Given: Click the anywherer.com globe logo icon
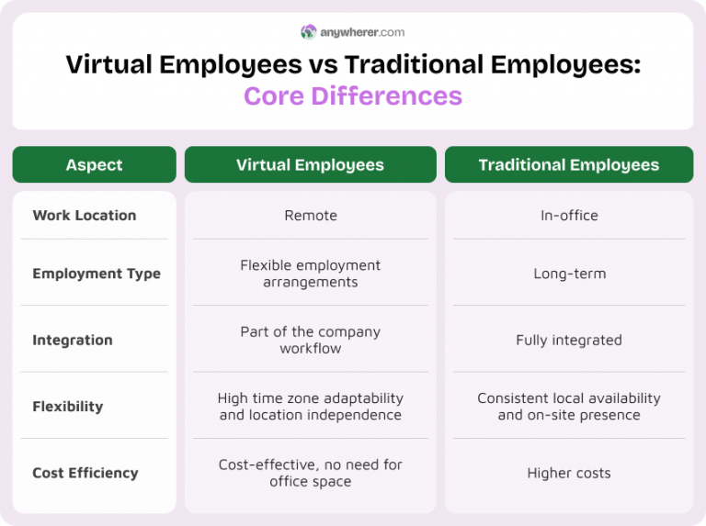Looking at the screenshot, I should pyautogui.click(x=308, y=32).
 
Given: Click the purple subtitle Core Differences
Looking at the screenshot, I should pyautogui.click(x=353, y=95).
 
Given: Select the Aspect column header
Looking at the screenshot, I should pyautogui.click(x=94, y=165).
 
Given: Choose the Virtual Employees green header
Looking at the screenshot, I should pyautogui.click(x=310, y=165).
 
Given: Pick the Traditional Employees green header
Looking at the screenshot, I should pyautogui.click(x=568, y=165).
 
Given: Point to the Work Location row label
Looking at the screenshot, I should pyautogui.click(x=85, y=216).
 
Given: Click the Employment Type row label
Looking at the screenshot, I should pyautogui.click(x=97, y=274).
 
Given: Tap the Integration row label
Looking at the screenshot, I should pyautogui.click(x=73, y=340).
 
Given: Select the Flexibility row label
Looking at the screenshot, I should pyautogui.click(x=68, y=407).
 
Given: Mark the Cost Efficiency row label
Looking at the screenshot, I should pyautogui.click(x=85, y=473).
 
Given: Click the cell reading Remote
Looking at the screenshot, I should pyautogui.click(x=311, y=216).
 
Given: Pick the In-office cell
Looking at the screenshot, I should pyautogui.click(x=569, y=216).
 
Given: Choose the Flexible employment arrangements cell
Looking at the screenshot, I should pyautogui.click(x=311, y=274).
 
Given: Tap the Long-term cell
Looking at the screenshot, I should pyautogui.click(x=569, y=274).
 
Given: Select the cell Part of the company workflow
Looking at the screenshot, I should pyautogui.click(x=311, y=340).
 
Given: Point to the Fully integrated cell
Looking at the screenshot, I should pyautogui.click(x=569, y=340).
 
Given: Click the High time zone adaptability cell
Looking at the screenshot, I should pyautogui.click(x=311, y=407).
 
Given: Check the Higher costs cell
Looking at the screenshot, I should pyautogui.click(x=569, y=473).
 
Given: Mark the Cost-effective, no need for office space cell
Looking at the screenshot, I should pyautogui.click(x=311, y=473).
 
